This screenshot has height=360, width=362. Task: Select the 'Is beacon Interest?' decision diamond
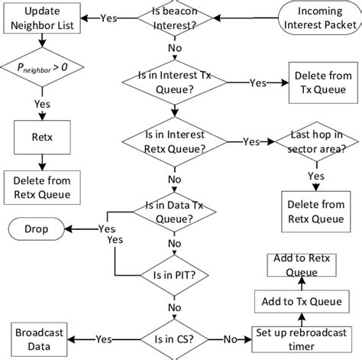pos(170,18)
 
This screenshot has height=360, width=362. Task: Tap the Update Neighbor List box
pos(39,18)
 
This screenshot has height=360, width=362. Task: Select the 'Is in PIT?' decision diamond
pos(170,272)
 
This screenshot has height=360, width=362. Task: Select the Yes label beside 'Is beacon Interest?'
pos(108,18)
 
